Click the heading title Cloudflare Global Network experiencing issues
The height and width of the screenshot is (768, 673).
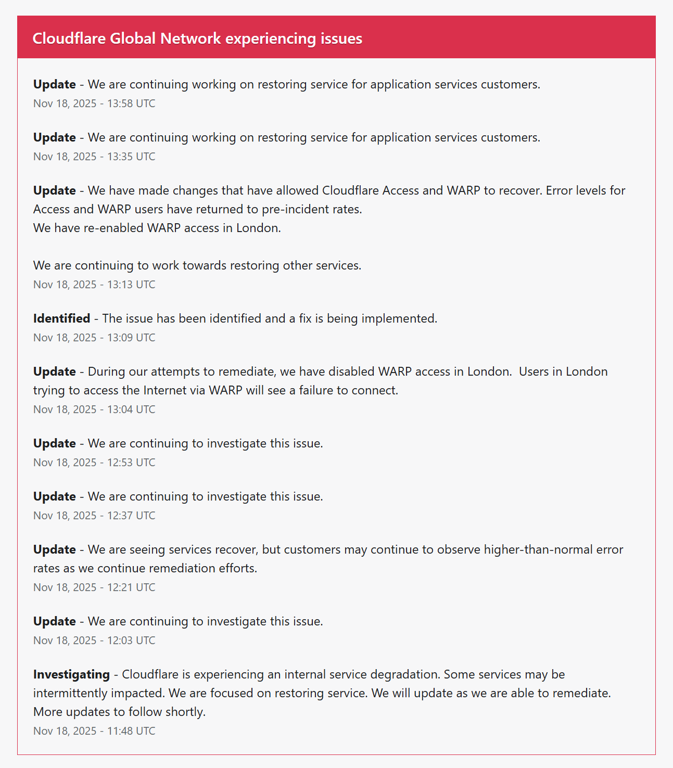click(197, 39)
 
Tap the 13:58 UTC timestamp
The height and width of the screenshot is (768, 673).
click(94, 103)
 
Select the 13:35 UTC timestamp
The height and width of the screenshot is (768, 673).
click(94, 156)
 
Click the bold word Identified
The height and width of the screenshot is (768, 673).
click(61, 318)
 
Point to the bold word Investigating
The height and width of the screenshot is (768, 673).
click(71, 674)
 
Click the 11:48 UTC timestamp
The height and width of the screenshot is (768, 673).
click(94, 731)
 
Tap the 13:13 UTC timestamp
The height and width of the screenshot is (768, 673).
click(94, 284)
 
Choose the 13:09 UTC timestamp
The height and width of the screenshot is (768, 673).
click(94, 337)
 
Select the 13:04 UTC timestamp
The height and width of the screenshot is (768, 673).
click(94, 409)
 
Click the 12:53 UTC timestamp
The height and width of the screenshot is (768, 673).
click(94, 462)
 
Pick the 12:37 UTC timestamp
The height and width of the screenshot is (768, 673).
click(94, 515)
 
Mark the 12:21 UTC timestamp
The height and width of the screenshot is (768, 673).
click(94, 587)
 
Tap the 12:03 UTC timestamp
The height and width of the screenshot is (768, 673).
click(94, 640)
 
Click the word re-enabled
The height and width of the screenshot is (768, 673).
click(113, 227)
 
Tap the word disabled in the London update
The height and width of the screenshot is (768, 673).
click(354, 371)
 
